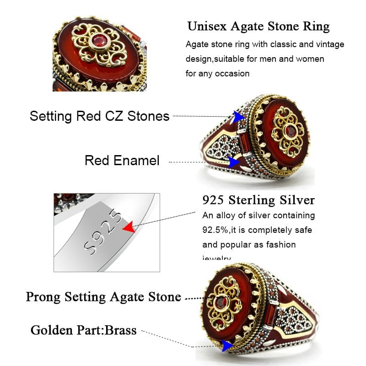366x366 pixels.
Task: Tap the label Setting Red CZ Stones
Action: [x=99, y=116]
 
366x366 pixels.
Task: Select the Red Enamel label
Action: [x=122, y=161]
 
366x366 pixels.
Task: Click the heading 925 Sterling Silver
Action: [x=258, y=200]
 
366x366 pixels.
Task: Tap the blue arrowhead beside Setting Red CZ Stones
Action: [x=238, y=117]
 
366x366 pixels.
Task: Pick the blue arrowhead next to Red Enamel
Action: [x=235, y=161]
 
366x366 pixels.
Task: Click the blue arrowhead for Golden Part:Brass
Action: [x=226, y=346]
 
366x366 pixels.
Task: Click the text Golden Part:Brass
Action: [x=83, y=330]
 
